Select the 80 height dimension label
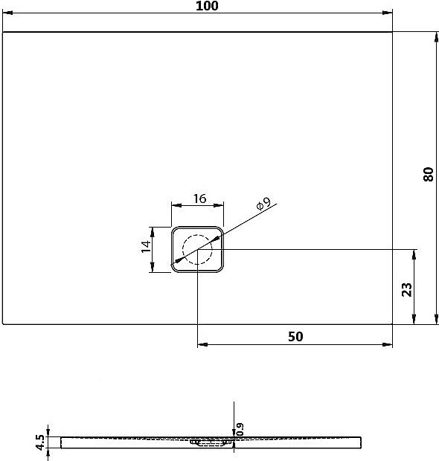tap(427, 175)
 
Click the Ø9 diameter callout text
tap(262, 205)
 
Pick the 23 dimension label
tap(406, 288)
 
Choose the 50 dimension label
tap(295, 336)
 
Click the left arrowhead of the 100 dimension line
tap(7, 13)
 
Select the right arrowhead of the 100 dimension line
tap(388, 13)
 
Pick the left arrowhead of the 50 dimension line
tap(202, 345)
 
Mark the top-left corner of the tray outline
tap(3, 33)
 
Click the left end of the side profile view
tap(61, 442)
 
